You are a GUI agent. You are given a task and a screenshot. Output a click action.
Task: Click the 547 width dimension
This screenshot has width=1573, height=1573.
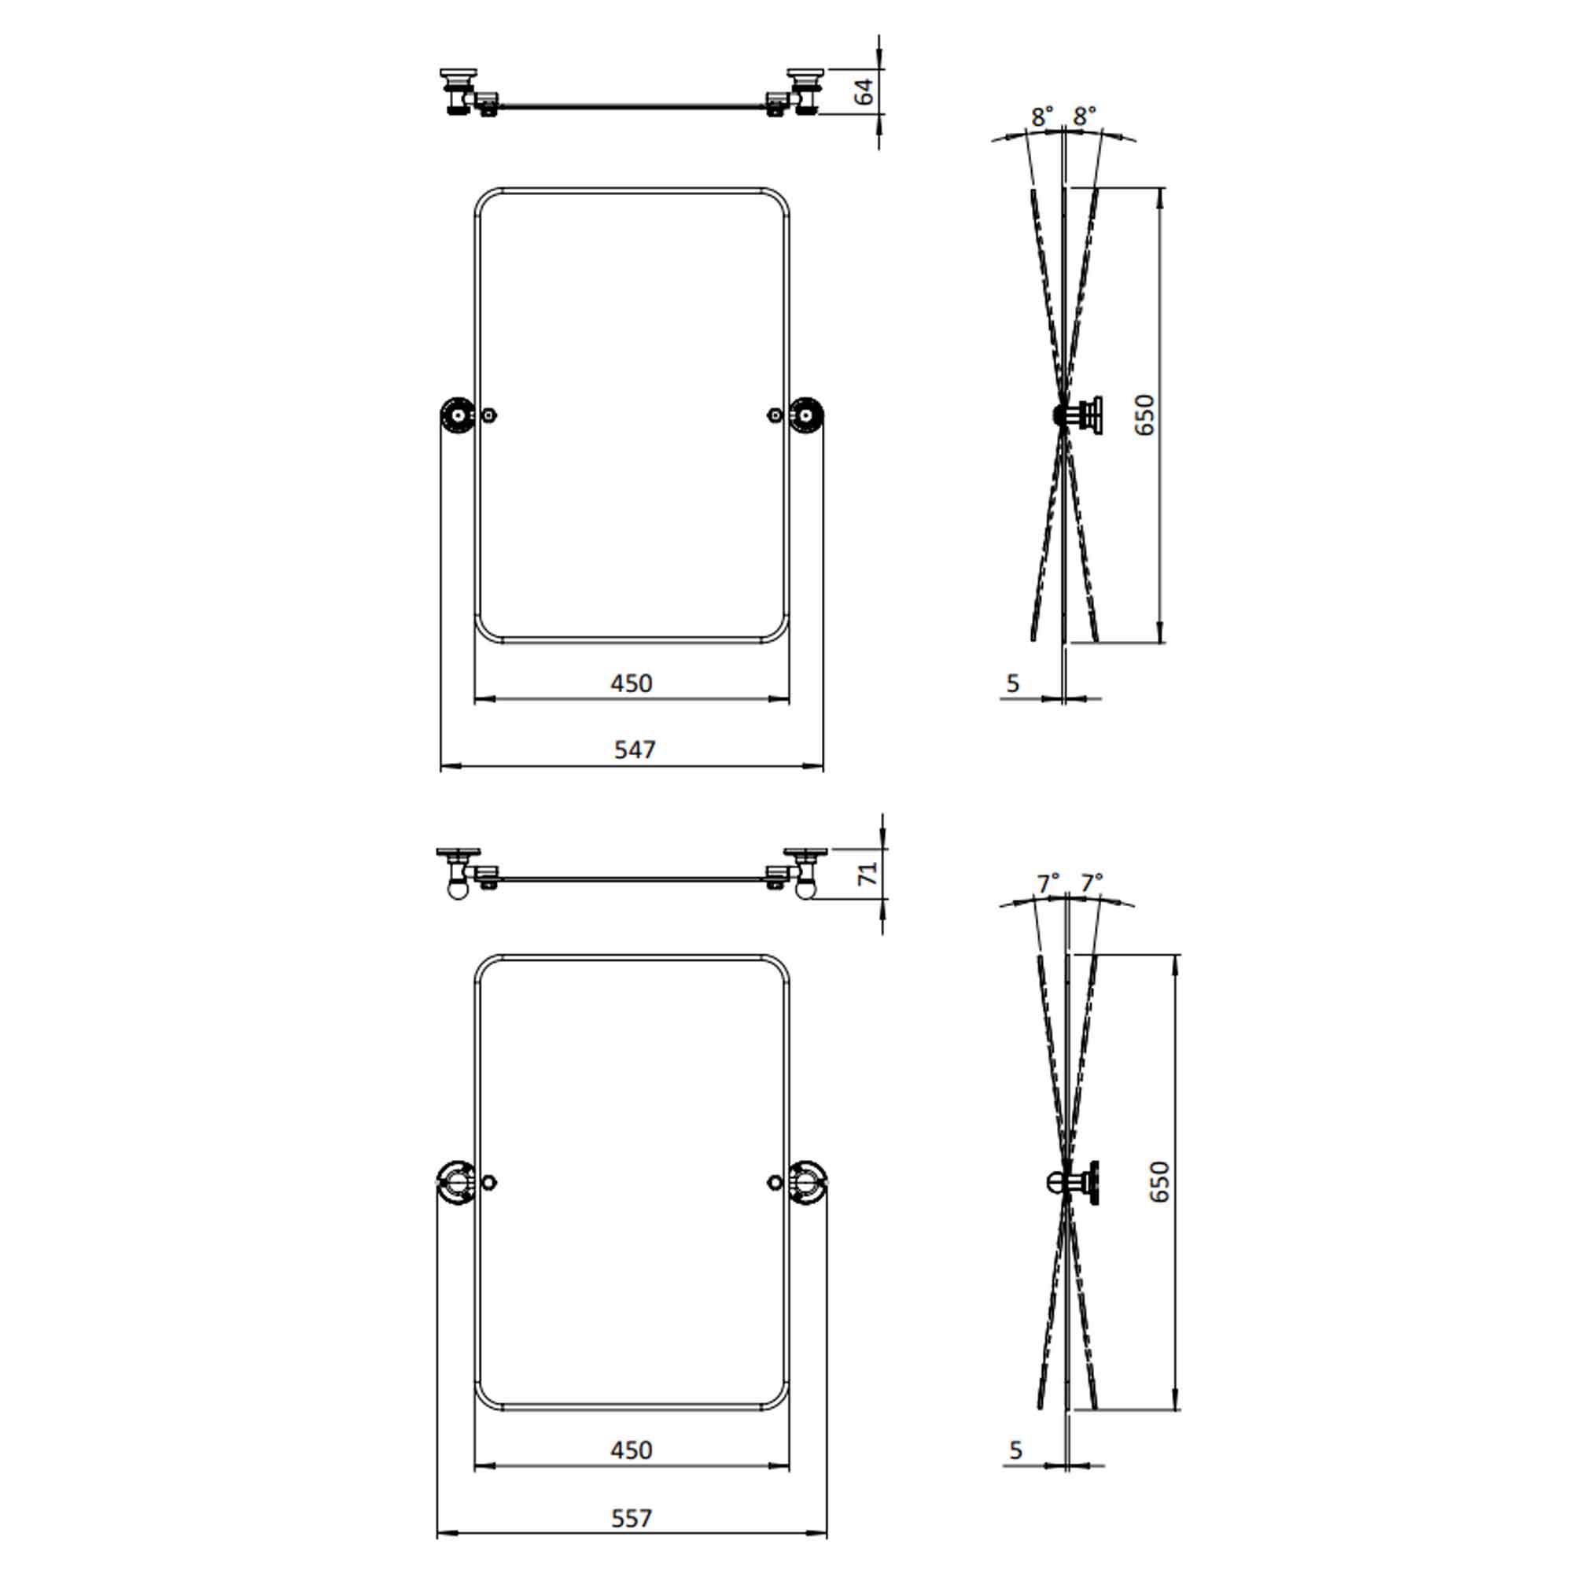634,749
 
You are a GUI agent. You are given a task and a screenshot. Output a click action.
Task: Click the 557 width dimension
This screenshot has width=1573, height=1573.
632,1519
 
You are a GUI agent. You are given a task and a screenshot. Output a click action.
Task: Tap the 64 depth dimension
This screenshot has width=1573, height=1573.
864,90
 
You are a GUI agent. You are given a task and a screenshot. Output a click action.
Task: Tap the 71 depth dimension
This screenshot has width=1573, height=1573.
868,874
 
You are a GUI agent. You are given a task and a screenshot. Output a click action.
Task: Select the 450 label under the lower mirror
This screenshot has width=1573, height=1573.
632,1450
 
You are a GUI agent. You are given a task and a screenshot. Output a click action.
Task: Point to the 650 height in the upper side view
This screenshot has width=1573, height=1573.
1144,414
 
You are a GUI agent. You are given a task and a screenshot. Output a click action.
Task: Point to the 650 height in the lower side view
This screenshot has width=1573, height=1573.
1159,1181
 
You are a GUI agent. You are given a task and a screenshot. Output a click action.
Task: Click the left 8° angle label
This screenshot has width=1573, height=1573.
1042,116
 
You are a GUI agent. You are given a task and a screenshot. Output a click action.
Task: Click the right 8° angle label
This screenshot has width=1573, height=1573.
1085,116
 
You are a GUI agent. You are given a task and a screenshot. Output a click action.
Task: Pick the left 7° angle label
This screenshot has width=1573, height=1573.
1048,882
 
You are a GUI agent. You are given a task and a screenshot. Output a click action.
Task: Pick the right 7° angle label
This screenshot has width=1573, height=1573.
1092,882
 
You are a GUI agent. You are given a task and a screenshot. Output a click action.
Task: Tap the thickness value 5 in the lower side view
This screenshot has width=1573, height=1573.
1015,1450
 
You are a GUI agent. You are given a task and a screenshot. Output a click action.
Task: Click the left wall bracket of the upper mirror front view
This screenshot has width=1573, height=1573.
458,415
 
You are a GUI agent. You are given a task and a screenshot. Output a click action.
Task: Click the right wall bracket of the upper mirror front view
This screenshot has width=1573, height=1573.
806,415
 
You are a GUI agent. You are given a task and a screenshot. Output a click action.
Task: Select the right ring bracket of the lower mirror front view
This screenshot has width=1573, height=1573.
809,1182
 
